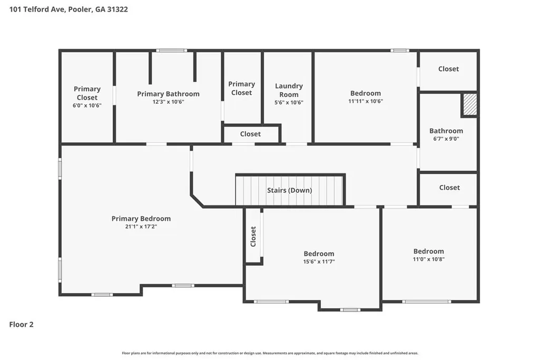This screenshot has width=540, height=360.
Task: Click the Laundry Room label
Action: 289,90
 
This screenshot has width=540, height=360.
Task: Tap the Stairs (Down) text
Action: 290,190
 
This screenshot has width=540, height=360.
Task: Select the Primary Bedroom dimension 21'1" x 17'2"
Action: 141,226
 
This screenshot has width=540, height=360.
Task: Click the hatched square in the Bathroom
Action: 469,104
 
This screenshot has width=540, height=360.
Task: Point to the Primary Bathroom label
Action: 168,94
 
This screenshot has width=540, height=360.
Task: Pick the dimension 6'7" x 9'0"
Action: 446,139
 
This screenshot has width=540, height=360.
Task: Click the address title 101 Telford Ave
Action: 37,9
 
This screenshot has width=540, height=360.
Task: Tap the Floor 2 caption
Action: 22,325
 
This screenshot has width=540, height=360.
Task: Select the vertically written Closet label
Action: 253,236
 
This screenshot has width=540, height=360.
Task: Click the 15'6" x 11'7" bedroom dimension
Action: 319,261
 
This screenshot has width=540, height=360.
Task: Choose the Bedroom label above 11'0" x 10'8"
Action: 428,251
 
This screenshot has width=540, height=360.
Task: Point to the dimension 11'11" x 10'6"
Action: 366,101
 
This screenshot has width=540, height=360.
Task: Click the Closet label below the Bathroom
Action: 449,188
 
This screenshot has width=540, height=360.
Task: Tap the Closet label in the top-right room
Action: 448,69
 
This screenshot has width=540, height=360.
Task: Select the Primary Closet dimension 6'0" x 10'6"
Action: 87,105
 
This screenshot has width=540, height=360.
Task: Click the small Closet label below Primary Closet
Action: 250,134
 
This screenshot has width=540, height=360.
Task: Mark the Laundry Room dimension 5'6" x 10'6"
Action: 289,102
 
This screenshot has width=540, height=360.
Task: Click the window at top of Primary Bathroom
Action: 172,51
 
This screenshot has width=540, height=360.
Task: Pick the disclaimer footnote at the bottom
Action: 270,353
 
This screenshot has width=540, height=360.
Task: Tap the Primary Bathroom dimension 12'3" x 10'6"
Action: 169,102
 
